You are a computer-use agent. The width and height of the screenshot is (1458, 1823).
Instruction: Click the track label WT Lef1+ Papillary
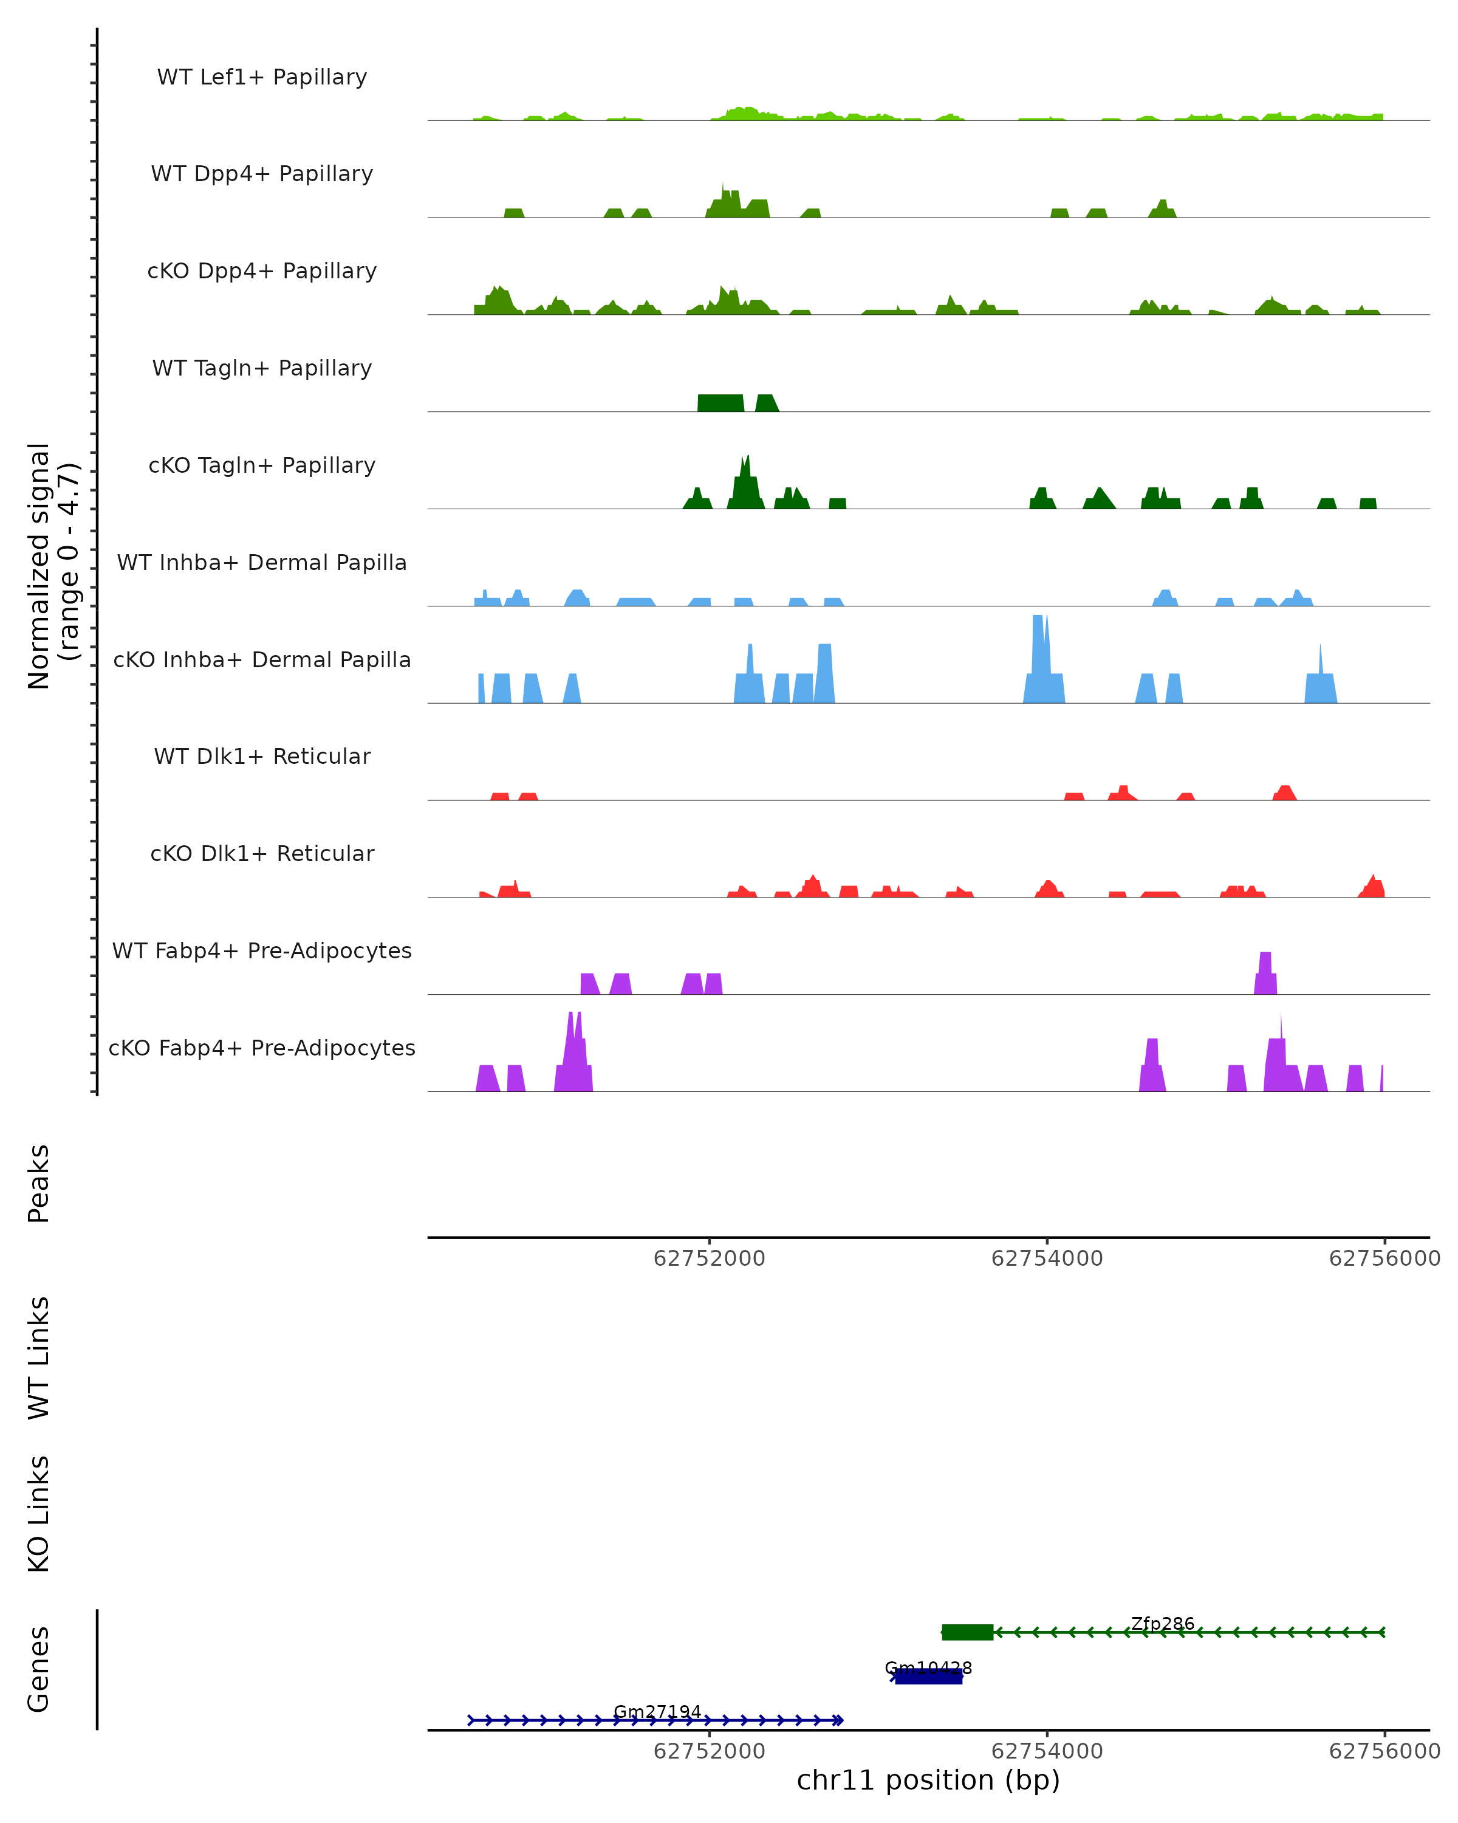262,77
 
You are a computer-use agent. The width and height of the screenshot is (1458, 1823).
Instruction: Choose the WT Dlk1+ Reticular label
262,756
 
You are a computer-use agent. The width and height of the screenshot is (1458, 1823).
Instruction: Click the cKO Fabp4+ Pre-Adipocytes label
262,1048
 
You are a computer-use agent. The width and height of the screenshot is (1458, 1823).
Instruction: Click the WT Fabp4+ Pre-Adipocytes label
262,950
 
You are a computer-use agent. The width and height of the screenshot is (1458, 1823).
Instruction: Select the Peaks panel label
39,1183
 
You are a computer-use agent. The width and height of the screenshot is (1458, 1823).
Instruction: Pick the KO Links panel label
39,1514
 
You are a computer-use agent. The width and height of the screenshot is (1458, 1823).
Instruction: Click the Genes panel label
39,1669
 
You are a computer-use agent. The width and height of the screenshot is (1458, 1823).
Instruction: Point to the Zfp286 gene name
1162,1624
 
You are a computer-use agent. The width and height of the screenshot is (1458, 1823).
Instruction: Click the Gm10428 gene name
928,1668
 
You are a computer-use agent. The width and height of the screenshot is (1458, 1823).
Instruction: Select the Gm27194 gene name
657,1712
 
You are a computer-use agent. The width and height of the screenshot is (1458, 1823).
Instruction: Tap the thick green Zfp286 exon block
967,1633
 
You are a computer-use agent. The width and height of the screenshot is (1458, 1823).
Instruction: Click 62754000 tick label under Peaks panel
1046,1259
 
